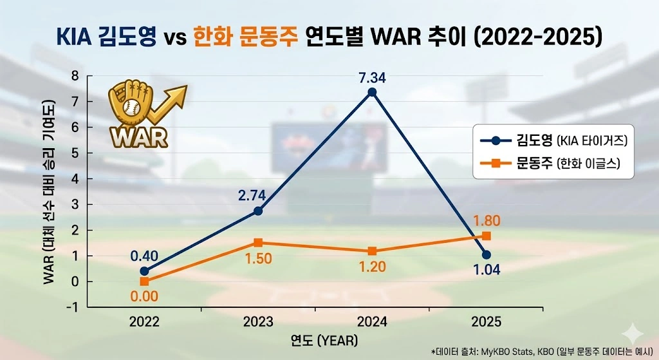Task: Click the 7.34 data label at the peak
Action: pos(371,78)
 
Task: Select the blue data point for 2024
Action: pos(371,92)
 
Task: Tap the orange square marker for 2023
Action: pos(258,243)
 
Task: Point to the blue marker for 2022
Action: pos(144,271)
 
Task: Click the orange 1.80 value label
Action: pos(487,222)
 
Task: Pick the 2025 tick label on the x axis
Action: pos(486,321)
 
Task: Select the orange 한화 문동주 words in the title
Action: pos(245,37)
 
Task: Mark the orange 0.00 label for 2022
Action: pos(145,297)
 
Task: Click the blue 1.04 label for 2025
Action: pos(487,271)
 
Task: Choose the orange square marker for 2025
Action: pos(487,236)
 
